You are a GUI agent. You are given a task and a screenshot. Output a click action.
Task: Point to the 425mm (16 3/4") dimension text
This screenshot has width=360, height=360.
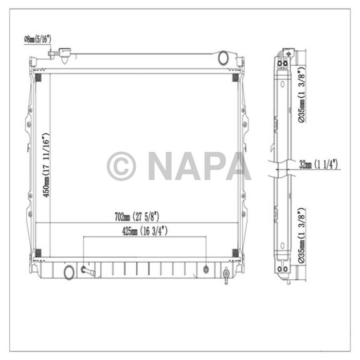point(143,232)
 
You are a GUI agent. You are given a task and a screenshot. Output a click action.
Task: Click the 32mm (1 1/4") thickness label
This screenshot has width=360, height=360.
point(318,165)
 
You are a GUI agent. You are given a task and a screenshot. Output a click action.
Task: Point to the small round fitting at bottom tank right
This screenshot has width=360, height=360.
point(206,269)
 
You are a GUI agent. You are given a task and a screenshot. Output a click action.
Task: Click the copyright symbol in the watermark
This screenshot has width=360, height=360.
point(121,166)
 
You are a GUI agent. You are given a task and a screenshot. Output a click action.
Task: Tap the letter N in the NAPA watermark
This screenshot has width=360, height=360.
point(161,166)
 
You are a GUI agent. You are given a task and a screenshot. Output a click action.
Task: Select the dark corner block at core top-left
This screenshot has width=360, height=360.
point(37,78)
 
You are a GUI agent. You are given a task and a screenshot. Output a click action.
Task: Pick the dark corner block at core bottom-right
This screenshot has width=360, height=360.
point(236,253)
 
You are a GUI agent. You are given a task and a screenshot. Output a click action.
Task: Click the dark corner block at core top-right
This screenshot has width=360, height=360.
point(236,78)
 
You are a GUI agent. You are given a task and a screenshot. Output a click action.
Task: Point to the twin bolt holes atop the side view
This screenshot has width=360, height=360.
point(283,63)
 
